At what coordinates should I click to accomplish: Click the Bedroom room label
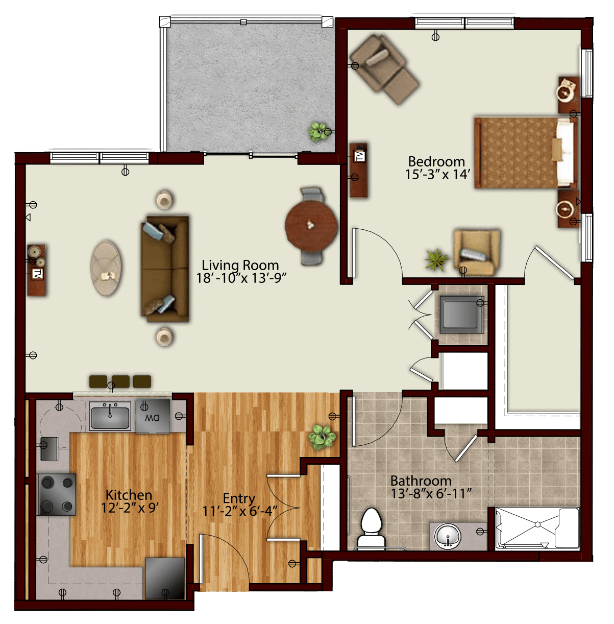point(436,161)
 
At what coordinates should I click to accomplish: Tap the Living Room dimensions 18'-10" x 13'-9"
point(241,278)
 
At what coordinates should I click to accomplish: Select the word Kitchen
point(129,495)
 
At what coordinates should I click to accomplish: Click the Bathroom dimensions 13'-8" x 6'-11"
point(431,493)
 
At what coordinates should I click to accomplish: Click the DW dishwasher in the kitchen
point(153,416)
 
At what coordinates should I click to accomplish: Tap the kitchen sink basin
point(110,417)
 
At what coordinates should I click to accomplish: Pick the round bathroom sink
point(447,536)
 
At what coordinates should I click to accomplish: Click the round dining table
point(311,226)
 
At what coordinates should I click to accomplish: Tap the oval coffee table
point(106,268)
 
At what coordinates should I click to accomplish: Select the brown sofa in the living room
point(165,269)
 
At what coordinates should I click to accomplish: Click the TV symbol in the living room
point(37,274)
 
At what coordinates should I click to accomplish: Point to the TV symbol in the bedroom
point(359,156)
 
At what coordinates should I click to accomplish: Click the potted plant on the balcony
point(317,132)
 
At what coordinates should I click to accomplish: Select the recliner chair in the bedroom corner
point(384,69)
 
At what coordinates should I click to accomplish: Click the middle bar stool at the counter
point(121,381)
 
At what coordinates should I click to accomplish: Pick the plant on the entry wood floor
point(322,438)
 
